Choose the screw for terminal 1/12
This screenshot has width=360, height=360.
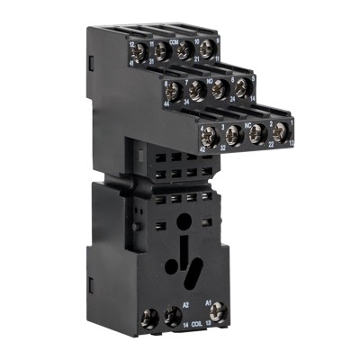(277, 131)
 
